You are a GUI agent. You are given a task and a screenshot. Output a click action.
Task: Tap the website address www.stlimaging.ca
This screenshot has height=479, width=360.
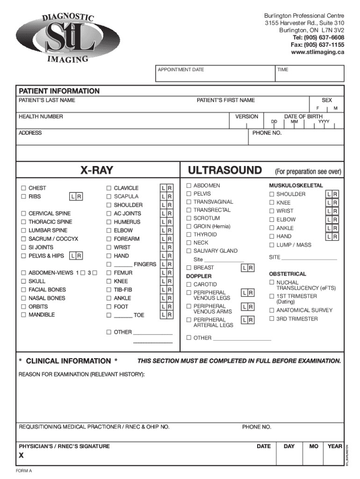pyautogui.click(x=317, y=52)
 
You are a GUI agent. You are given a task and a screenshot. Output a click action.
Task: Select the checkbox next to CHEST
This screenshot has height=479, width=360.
pyautogui.click(x=23, y=188)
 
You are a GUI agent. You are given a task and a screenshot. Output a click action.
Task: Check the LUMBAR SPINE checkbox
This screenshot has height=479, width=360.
pyautogui.click(x=23, y=231)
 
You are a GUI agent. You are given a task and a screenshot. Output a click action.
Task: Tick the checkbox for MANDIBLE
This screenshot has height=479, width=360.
pyautogui.click(x=23, y=315)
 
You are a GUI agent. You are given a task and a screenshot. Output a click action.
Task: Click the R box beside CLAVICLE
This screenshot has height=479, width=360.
pyautogui.click(x=170, y=188)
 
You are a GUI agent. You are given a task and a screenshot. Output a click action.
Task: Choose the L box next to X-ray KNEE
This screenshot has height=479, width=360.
pyautogui.click(x=163, y=282)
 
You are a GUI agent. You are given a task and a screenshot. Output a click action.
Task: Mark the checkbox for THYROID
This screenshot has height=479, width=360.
pyautogui.click(x=189, y=234)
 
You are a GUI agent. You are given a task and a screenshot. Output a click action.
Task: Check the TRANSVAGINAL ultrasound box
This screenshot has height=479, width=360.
pyautogui.click(x=189, y=202)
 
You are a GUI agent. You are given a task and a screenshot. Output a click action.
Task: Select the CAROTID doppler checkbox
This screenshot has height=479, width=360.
pyautogui.click(x=189, y=284)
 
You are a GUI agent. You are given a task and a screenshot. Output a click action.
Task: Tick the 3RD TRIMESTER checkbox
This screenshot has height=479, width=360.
pyautogui.click(x=272, y=319)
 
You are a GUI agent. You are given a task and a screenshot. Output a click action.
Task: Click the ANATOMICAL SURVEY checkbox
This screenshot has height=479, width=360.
pyautogui.click(x=272, y=310)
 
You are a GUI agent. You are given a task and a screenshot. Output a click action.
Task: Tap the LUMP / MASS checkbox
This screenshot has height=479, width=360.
pyautogui.click(x=272, y=245)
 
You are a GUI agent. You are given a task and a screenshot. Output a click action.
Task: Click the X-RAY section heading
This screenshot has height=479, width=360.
pyautogui.click(x=96, y=170)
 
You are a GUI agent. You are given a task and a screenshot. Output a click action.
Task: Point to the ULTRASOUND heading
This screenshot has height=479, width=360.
pyautogui.click(x=224, y=170)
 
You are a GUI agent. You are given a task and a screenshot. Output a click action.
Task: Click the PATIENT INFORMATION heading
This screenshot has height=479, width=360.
pyautogui.click(x=59, y=91)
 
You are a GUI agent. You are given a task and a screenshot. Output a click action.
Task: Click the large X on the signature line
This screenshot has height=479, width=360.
pyautogui.click(x=22, y=456)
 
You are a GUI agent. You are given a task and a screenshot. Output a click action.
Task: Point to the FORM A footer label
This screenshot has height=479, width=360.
pyautogui.click(x=24, y=471)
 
